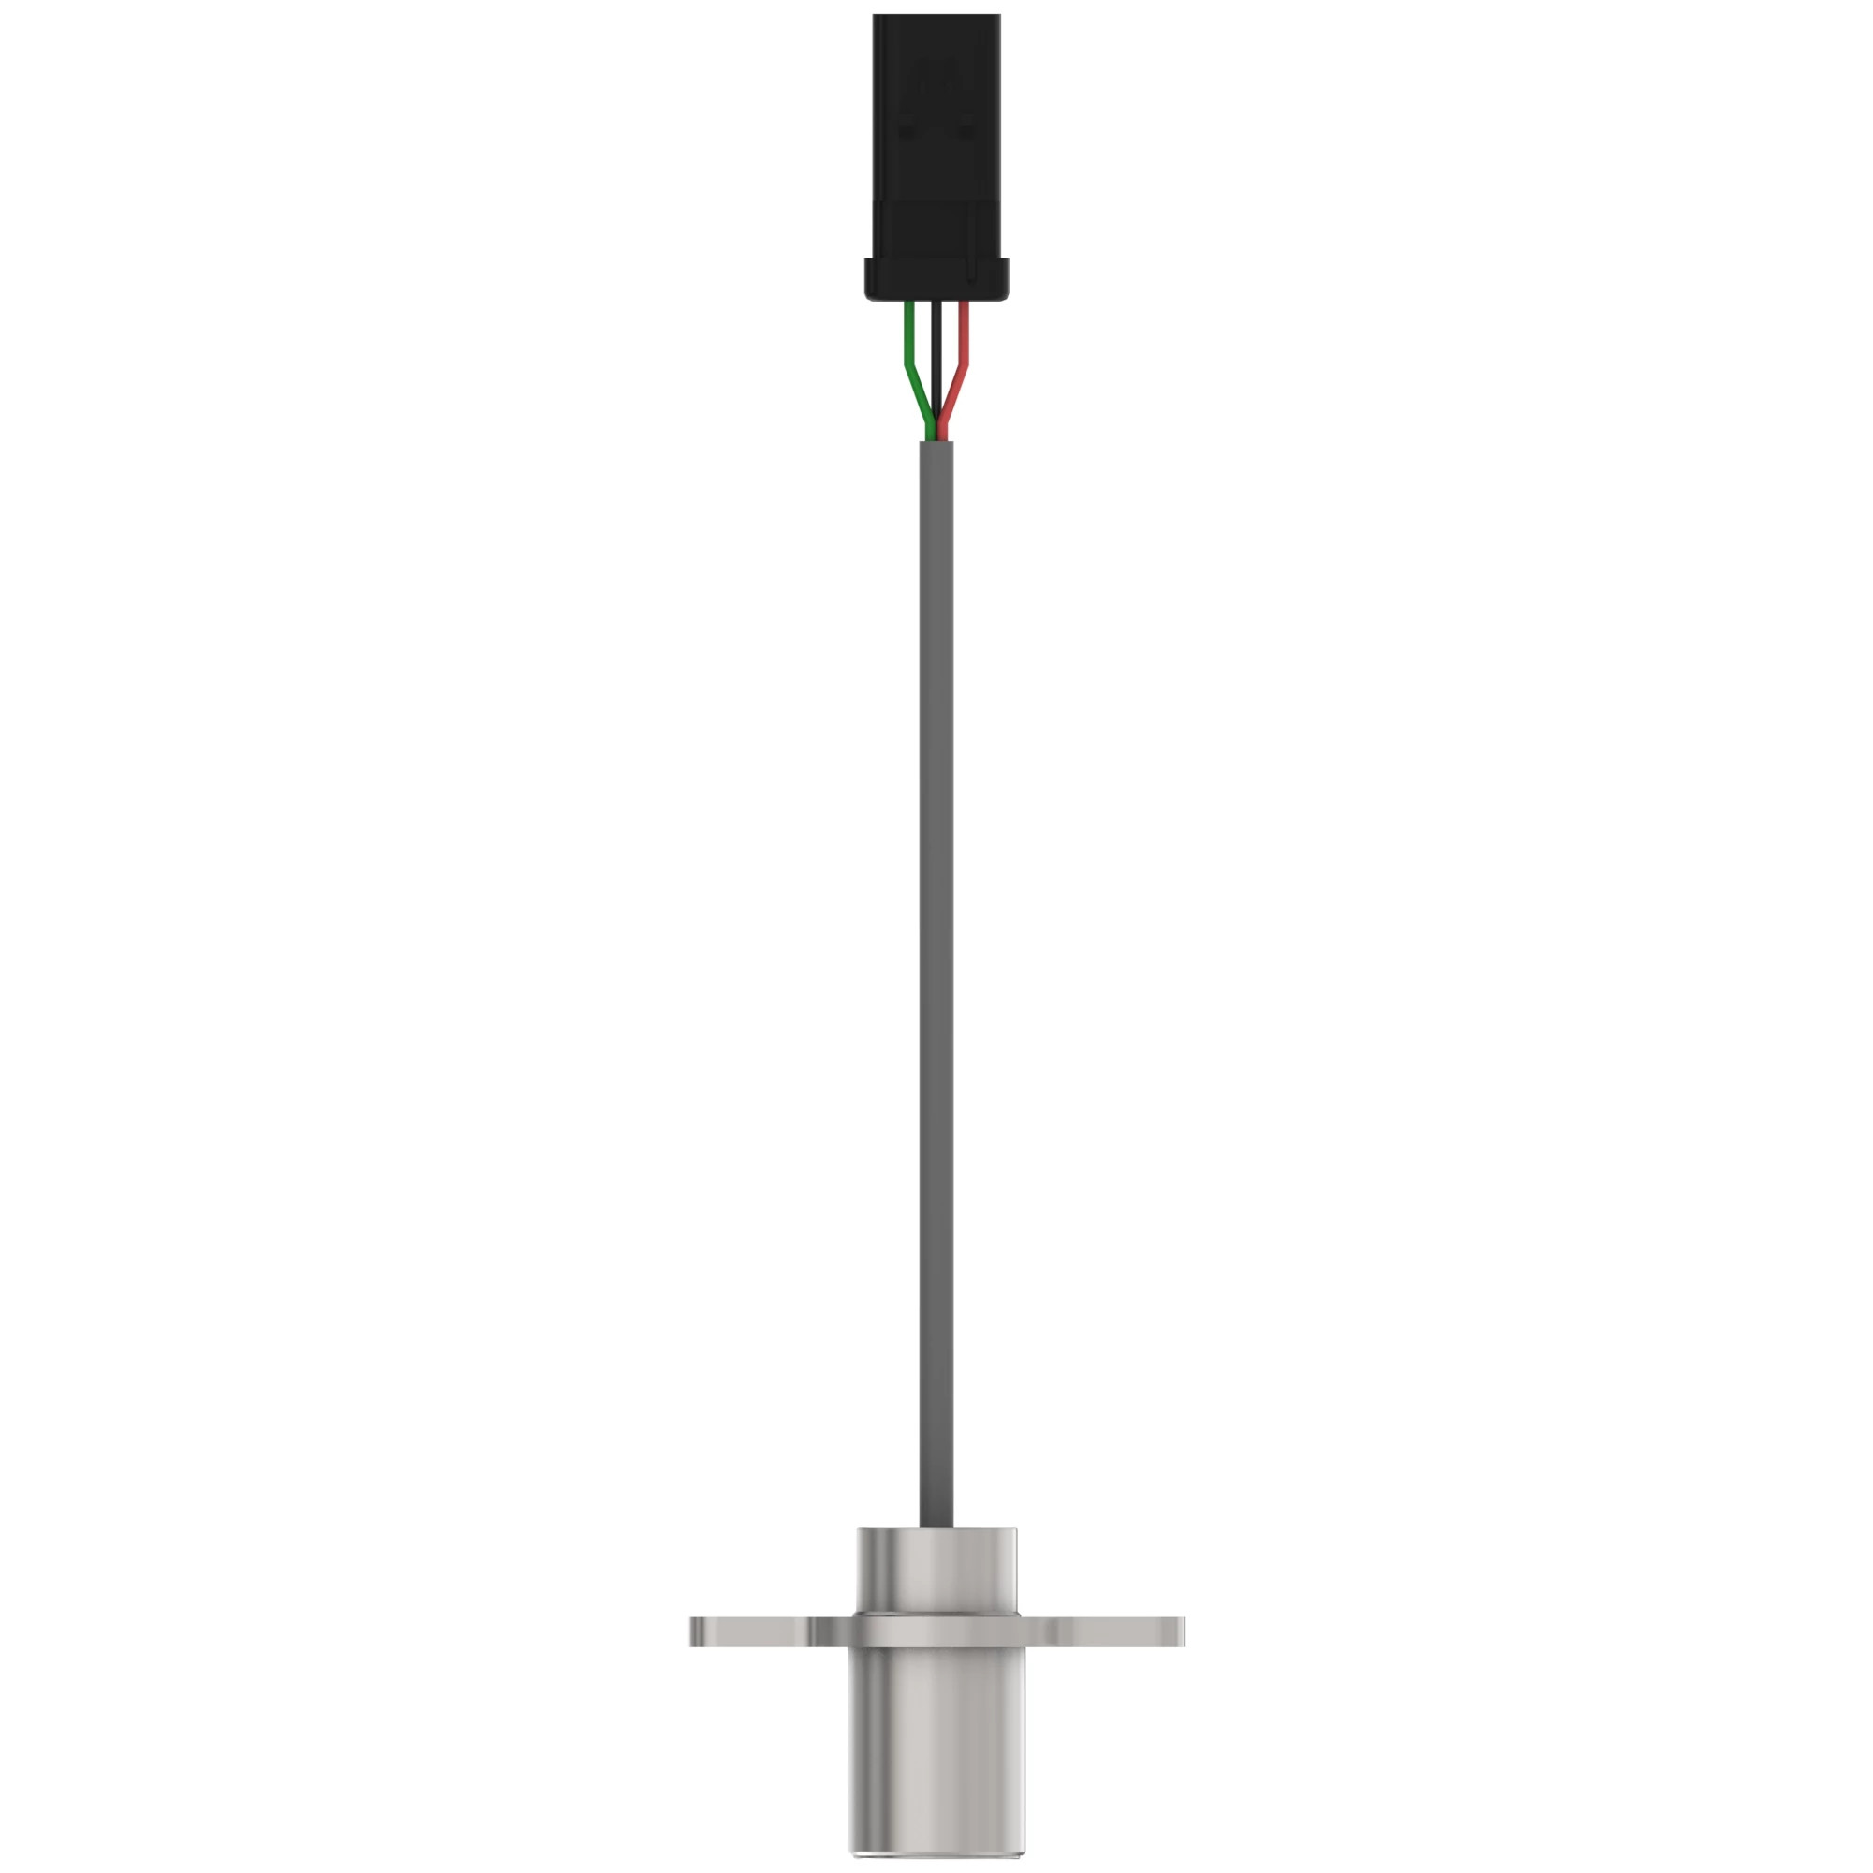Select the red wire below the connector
pos(964,334)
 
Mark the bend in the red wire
pos(964,366)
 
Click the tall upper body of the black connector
pos(936,107)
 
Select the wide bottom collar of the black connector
pos(936,278)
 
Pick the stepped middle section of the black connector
pos(936,229)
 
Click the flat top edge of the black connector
pos(936,16)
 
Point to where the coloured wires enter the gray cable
pos(936,442)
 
